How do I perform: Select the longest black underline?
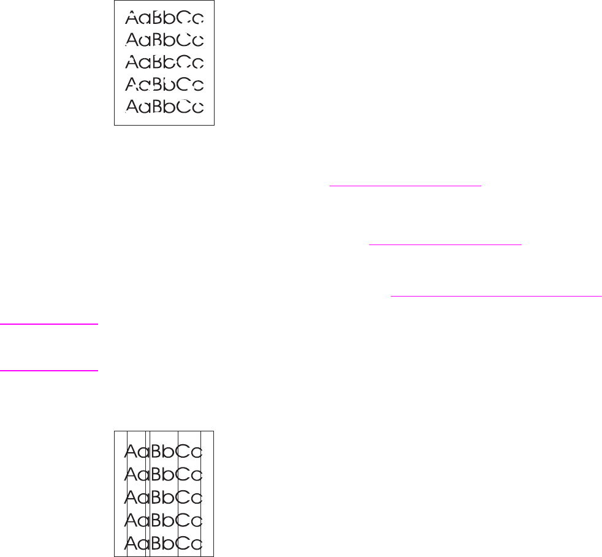[x=496, y=295]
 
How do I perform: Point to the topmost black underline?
[x=405, y=184]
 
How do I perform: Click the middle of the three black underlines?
[x=444, y=244]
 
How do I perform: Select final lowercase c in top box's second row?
[x=197, y=41]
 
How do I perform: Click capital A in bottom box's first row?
[x=132, y=452]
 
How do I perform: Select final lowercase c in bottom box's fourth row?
[x=198, y=521]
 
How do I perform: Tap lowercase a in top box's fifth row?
[x=145, y=108]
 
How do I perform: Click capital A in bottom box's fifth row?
[x=132, y=543]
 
